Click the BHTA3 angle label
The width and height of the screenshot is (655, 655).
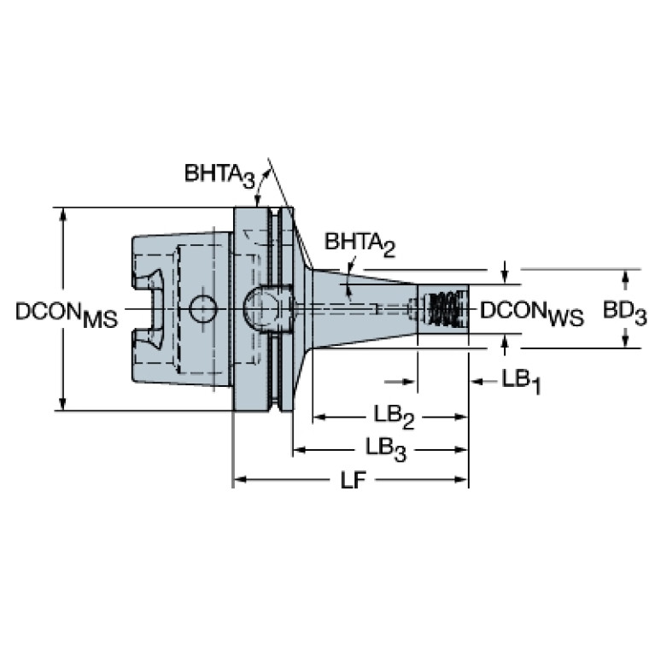coord(219,174)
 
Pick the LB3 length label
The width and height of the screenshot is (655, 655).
coord(384,447)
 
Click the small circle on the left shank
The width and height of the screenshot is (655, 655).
coord(203,308)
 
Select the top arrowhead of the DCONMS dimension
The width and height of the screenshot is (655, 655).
coord(62,213)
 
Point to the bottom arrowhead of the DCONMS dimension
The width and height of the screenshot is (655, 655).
coord(62,404)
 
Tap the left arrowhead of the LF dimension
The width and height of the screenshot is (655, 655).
coord(240,480)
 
